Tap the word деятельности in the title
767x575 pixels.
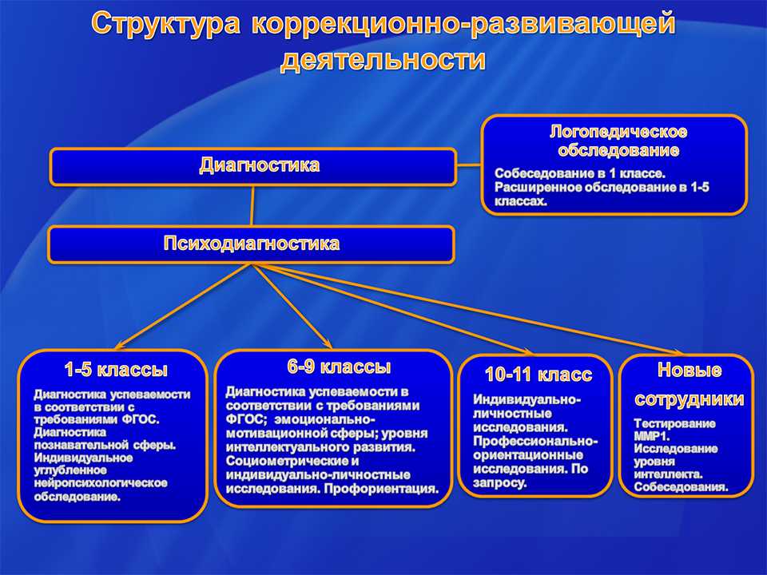(x=383, y=60)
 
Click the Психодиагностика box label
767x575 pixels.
(x=251, y=244)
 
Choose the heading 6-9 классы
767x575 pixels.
(x=339, y=367)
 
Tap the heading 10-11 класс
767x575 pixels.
(x=538, y=375)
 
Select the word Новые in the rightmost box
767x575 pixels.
(x=689, y=370)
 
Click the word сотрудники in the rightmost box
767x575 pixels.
(x=689, y=399)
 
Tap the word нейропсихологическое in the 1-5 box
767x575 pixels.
(x=100, y=483)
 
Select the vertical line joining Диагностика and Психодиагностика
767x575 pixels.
(x=253, y=205)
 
